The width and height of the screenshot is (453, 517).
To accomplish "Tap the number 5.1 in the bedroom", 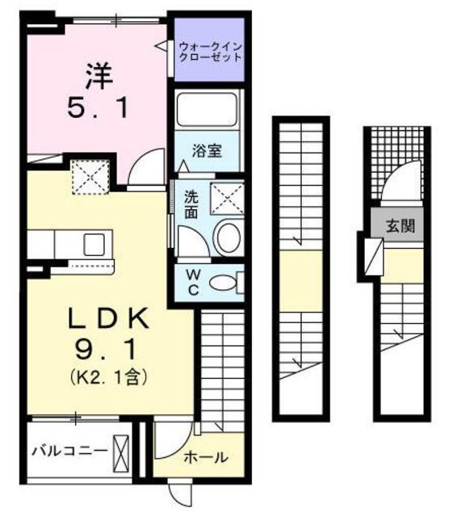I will click(x=96, y=108).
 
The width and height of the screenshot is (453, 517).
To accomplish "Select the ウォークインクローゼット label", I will click(x=209, y=53).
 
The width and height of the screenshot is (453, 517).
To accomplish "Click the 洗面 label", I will click(x=191, y=204).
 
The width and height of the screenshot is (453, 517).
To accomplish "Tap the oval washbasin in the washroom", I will click(x=229, y=237).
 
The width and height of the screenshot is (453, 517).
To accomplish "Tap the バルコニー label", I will click(x=69, y=451).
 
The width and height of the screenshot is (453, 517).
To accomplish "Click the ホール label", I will click(x=207, y=456).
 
